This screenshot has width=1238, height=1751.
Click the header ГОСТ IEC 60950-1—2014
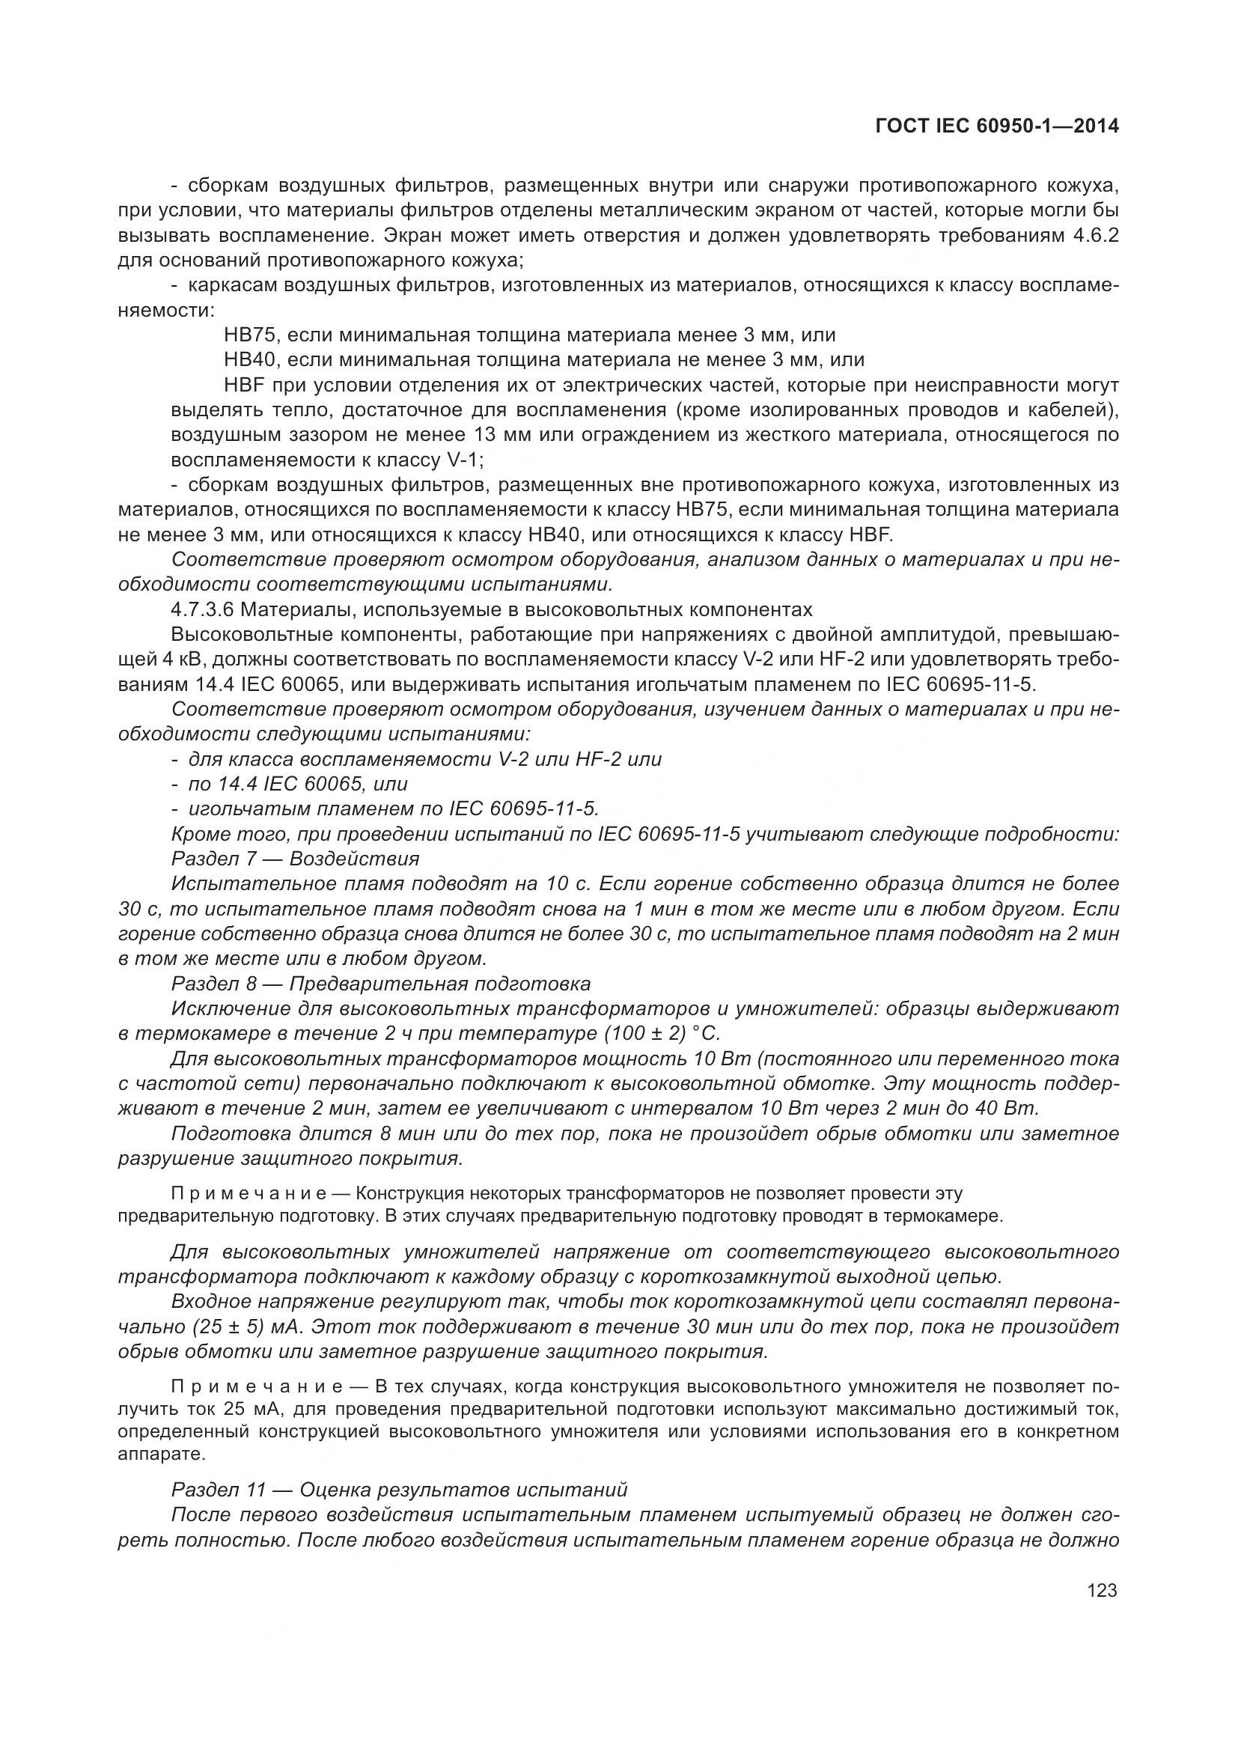tap(997, 127)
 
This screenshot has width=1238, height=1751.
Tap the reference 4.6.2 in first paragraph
tap(1096, 235)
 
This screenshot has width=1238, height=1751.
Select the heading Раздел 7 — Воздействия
tap(295, 859)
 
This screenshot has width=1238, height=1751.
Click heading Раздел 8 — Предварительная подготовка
tap(380, 983)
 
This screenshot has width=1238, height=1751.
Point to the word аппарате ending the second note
tap(150, 1454)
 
